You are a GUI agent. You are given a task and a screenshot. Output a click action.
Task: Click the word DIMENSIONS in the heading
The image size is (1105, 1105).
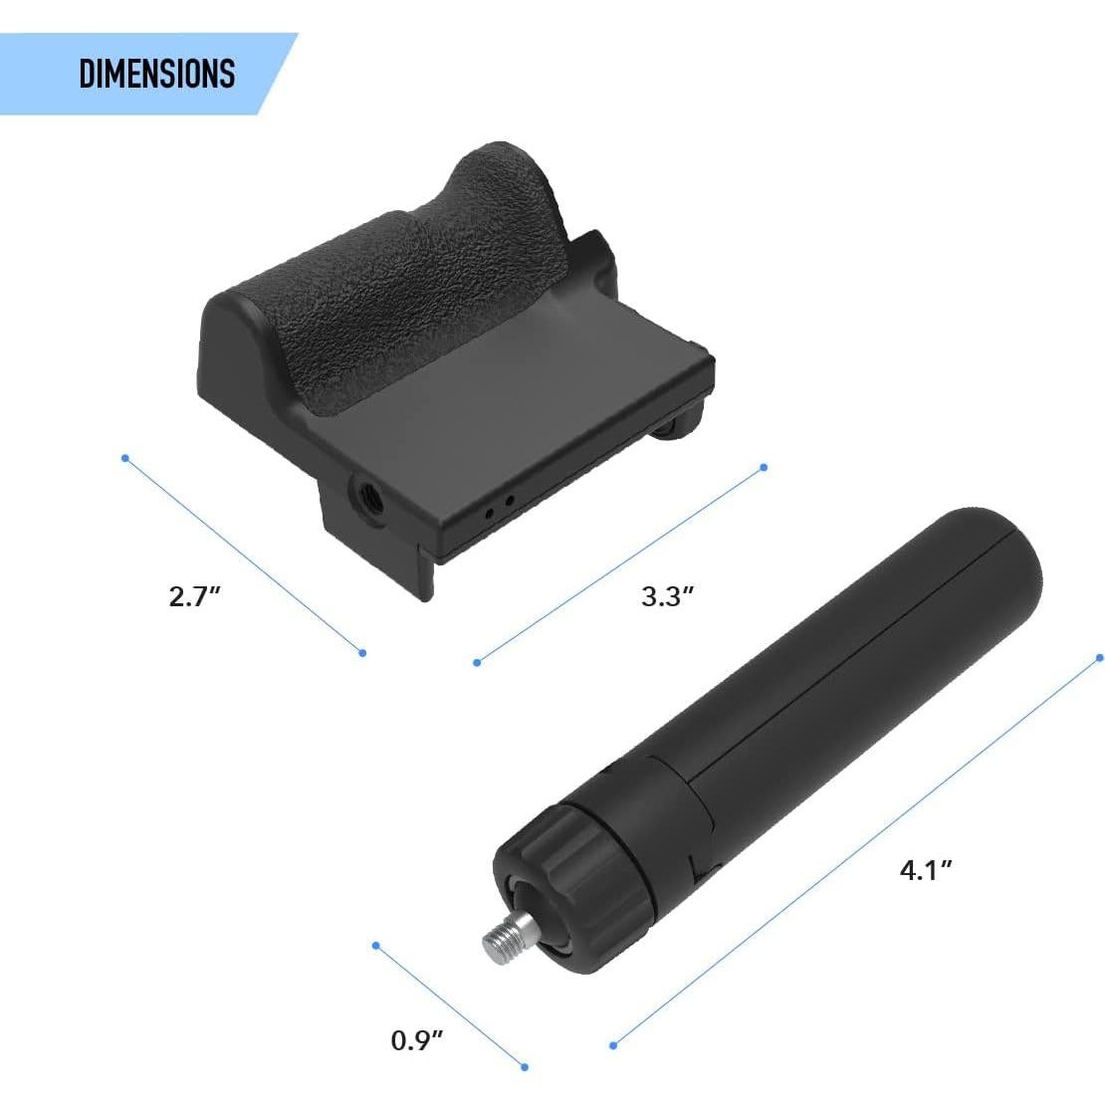pyautogui.click(x=156, y=74)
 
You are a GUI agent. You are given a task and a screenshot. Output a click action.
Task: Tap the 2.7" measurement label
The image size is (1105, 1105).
pyautogui.click(x=194, y=597)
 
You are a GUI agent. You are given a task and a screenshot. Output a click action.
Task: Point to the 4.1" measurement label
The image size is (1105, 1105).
pyautogui.click(x=926, y=869)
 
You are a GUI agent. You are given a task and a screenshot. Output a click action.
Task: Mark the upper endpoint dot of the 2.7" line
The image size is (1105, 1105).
pyautogui.click(x=124, y=458)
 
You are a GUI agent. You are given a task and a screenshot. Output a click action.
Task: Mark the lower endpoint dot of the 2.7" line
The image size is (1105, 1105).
pyautogui.click(x=362, y=653)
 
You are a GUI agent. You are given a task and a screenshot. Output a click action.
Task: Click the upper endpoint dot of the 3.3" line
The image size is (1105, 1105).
pyautogui.click(x=764, y=466)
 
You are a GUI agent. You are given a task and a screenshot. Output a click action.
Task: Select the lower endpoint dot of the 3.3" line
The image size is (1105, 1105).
pyautogui.click(x=477, y=662)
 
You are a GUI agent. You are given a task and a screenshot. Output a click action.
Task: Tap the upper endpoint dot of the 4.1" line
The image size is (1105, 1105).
pyautogui.click(x=1099, y=657)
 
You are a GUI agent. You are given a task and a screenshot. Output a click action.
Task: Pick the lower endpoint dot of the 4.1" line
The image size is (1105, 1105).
pyautogui.click(x=613, y=1044)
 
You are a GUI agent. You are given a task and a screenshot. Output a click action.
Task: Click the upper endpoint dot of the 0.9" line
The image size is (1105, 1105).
pyautogui.click(x=375, y=945)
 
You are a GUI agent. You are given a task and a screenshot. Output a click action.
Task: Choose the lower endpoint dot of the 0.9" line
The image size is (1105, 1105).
pyautogui.click(x=525, y=1067)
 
